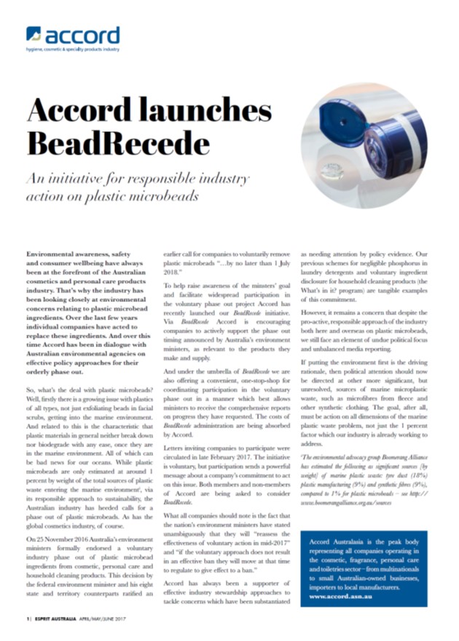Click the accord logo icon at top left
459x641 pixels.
34,34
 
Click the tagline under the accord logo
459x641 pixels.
72,49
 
